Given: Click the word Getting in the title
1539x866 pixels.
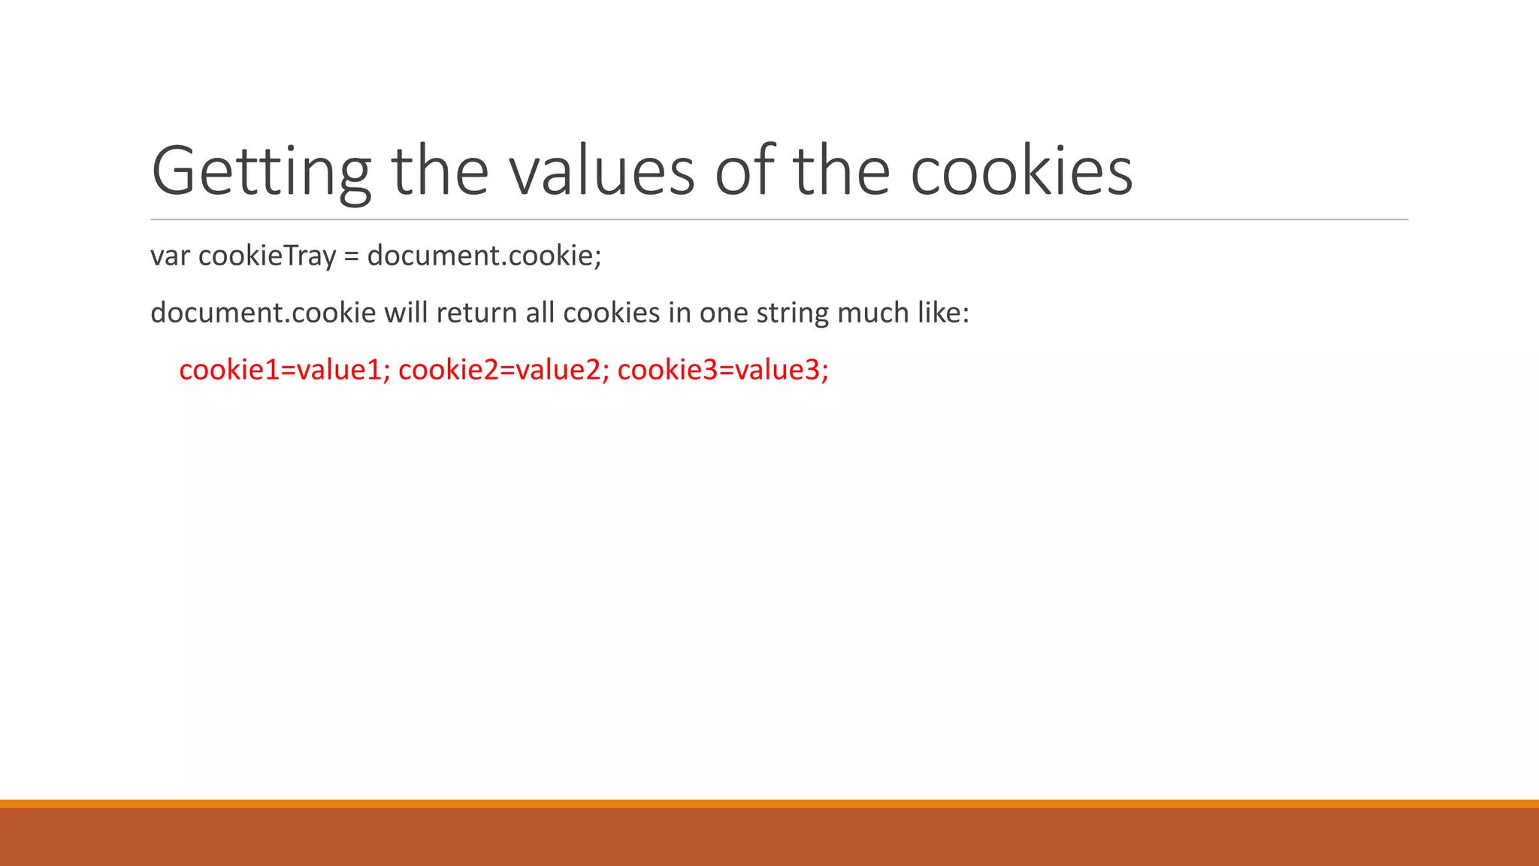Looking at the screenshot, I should (261, 172).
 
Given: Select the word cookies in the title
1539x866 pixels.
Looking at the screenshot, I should (1021, 172).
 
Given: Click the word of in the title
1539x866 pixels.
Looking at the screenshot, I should (744, 172).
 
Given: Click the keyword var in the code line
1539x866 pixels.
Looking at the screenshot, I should (170, 256).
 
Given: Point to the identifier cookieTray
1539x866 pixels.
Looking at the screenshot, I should (267, 256).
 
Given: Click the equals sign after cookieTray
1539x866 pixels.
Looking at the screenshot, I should (352, 256).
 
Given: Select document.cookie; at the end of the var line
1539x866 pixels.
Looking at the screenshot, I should (485, 256).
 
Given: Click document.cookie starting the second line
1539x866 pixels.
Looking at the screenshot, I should (263, 313).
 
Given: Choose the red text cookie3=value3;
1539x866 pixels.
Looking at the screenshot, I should (723, 370).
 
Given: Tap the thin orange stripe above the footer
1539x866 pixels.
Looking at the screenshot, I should (769, 804).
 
